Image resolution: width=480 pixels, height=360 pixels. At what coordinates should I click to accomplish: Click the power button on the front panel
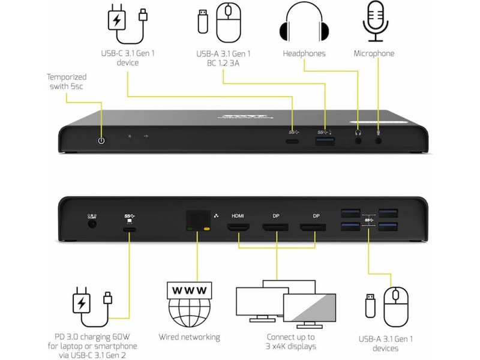click(101, 140)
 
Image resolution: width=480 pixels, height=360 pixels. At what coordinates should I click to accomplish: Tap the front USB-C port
click(293, 142)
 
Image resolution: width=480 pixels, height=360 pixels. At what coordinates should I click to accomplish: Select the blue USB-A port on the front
click(325, 142)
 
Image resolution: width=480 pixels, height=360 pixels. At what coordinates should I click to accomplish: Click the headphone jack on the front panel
click(359, 142)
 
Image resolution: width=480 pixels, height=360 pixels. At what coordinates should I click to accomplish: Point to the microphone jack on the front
click(379, 142)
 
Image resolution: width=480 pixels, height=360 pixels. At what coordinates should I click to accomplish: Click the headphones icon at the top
click(304, 23)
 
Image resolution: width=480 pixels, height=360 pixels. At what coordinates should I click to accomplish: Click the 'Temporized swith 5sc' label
click(67, 82)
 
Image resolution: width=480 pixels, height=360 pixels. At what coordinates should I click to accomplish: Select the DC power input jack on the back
click(92, 224)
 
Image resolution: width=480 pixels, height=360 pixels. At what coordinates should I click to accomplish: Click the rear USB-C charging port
click(129, 229)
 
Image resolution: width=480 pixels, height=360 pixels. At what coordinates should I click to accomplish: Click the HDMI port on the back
click(238, 228)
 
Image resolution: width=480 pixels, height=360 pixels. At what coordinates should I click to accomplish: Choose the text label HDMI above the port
click(238, 214)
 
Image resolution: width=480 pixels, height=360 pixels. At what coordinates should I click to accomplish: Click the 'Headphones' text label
click(304, 53)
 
